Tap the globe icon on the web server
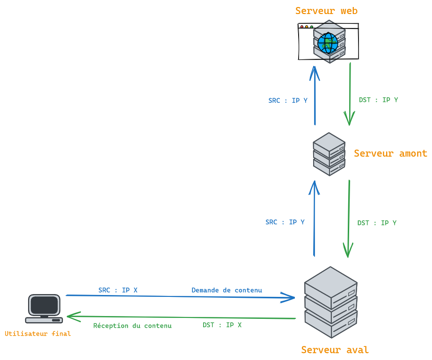328,43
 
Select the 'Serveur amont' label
390,153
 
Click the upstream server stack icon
329,154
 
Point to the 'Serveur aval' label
335,350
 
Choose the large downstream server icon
331,302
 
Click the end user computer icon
44,309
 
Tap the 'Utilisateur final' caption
38,334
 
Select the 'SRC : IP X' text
118,290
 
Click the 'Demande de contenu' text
227,290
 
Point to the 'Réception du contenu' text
132,326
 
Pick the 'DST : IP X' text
222,325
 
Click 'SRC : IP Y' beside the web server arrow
288,101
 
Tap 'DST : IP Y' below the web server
378,100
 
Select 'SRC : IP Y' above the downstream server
285,222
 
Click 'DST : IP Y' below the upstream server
377,223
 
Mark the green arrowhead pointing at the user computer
72,317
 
